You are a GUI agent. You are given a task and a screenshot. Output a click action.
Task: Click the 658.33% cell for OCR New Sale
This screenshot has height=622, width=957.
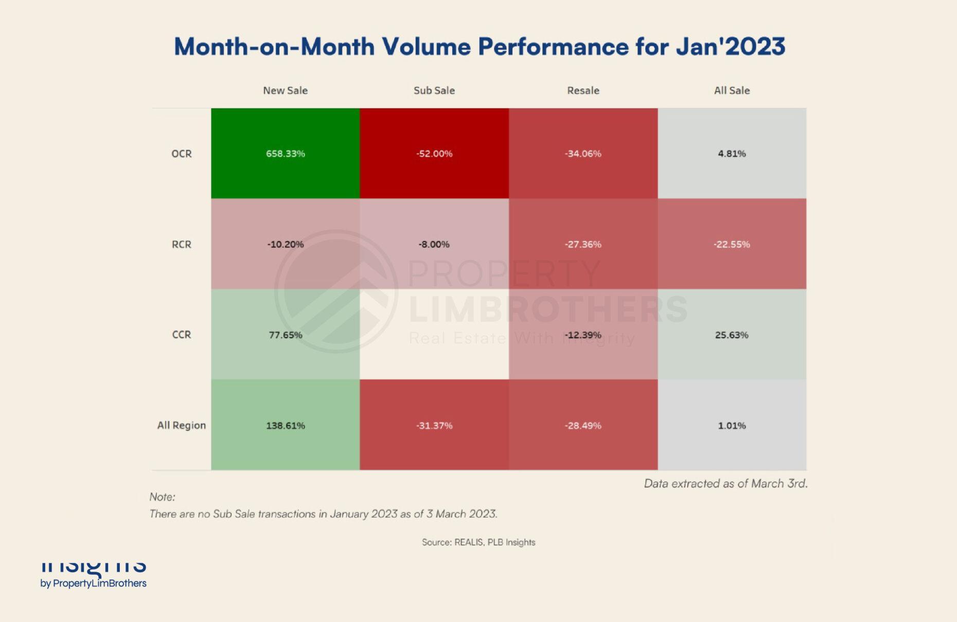pos(285,154)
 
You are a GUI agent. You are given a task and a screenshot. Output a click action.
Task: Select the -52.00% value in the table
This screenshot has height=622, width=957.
pos(434,154)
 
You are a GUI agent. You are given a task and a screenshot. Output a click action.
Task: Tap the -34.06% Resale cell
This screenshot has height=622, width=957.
pos(583,154)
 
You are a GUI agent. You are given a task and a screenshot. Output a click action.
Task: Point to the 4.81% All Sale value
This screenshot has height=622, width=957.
pos(732,154)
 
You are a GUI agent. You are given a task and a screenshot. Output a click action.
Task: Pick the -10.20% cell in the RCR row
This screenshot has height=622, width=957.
pos(285,244)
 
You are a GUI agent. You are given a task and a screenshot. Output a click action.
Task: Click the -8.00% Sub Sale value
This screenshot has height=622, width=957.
pos(434,244)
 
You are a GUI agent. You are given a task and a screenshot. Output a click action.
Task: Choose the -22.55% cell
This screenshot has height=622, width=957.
pos(732,244)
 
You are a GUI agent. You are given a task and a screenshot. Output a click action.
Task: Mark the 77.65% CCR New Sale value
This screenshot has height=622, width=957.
pos(285,335)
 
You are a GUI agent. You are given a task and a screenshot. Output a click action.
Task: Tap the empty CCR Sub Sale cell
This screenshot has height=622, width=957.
pos(434,334)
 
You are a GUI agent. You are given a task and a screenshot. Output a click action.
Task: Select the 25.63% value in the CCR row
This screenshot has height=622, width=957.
pos(732,335)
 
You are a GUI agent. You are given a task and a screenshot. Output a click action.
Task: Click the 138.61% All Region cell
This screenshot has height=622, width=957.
pos(285,425)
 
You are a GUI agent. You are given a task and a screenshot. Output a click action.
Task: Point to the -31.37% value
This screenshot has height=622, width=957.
pos(434,425)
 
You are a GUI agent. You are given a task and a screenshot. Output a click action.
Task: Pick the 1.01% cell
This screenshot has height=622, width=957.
pos(732,425)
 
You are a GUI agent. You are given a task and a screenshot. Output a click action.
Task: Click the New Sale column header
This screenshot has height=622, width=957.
pos(285,90)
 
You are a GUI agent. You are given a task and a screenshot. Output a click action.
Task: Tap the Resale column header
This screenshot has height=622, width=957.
pos(583,90)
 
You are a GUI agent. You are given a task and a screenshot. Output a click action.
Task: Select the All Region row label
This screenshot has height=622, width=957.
pos(181,425)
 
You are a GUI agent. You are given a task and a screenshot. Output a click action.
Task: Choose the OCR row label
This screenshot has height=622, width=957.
pos(181,154)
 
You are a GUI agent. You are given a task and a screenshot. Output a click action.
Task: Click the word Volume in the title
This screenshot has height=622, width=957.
pos(426,47)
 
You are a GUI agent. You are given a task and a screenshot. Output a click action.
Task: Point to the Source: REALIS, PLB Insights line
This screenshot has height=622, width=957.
pos(478,542)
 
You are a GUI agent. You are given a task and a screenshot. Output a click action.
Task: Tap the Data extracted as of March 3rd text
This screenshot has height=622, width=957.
pos(725,483)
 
